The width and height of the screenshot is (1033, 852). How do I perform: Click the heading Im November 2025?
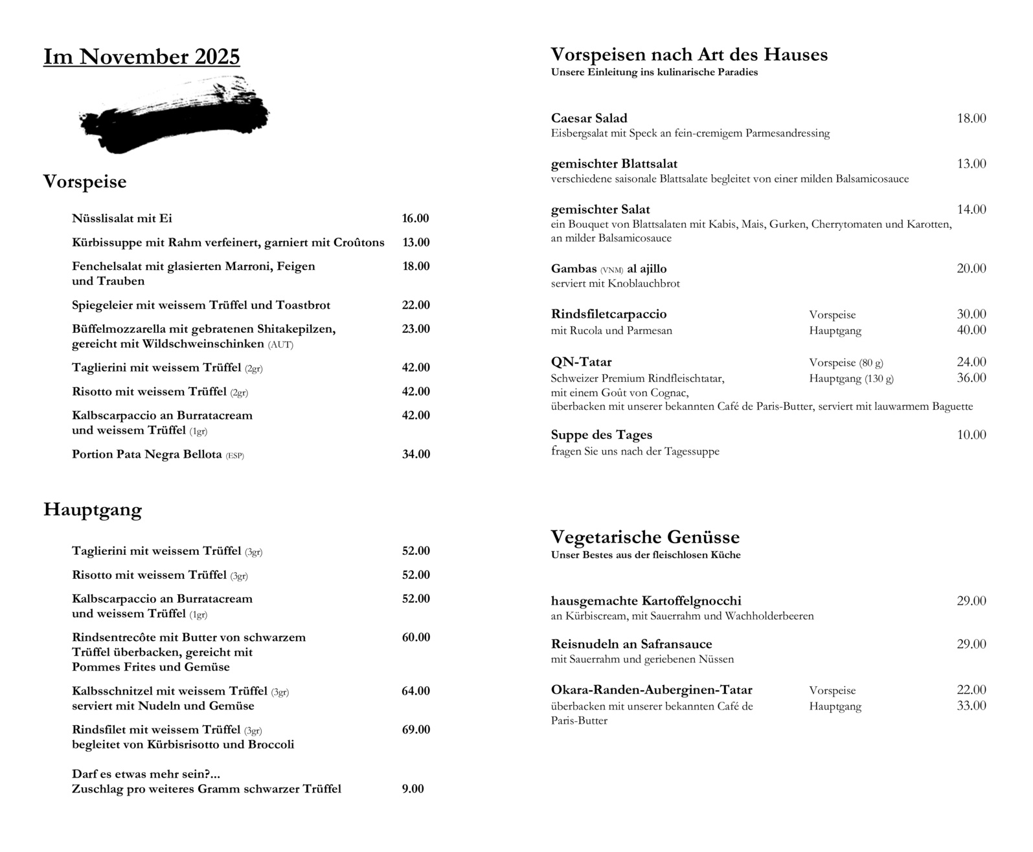pyautogui.click(x=141, y=57)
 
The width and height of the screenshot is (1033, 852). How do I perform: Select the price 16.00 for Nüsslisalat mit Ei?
pyautogui.click(x=415, y=219)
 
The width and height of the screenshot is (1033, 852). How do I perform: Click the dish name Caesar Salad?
pyautogui.click(x=589, y=118)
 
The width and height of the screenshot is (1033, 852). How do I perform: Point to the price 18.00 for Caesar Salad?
pyautogui.click(x=971, y=118)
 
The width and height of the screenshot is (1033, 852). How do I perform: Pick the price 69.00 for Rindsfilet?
pyautogui.click(x=415, y=730)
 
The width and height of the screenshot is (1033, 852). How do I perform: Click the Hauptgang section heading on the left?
pyautogui.click(x=93, y=510)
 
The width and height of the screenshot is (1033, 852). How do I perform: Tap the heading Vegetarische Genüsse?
pyautogui.click(x=644, y=537)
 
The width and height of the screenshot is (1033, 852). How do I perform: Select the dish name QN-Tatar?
pyautogui.click(x=581, y=362)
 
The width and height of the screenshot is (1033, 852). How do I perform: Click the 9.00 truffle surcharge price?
pyautogui.click(x=413, y=789)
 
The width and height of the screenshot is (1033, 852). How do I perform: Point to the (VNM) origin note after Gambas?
pyautogui.click(x=611, y=270)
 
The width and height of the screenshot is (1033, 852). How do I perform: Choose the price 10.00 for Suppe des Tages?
pyautogui.click(x=971, y=435)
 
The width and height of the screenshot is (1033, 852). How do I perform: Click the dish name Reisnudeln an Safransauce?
pyautogui.click(x=631, y=644)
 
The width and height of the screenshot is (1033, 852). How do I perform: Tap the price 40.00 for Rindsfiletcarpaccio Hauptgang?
pyautogui.click(x=971, y=330)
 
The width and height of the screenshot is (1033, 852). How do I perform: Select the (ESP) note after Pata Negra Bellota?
pyautogui.click(x=234, y=456)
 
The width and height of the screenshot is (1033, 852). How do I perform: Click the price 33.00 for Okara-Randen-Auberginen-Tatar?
pyautogui.click(x=971, y=706)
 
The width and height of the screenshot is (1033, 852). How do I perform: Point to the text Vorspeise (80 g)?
pyautogui.click(x=846, y=363)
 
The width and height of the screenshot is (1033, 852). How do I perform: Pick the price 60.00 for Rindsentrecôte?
pyautogui.click(x=415, y=638)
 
